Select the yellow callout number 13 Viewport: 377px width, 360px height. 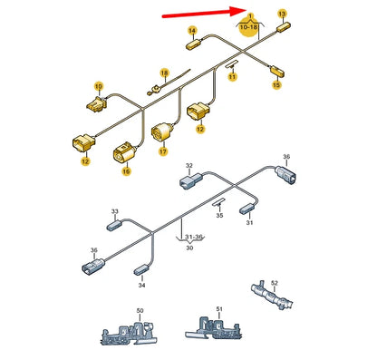point(282,14)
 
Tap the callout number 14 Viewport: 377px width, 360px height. point(192,31)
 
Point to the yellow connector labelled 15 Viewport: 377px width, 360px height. point(277,72)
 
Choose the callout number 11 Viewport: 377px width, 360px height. point(232,77)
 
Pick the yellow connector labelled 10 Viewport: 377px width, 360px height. point(97,104)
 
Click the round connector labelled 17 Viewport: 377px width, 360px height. point(161,132)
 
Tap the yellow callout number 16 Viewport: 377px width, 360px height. point(127,171)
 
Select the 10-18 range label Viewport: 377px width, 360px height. point(248,27)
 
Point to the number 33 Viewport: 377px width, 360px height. point(115,211)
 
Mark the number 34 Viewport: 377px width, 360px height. point(141,285)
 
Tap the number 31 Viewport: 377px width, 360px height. point(249,223)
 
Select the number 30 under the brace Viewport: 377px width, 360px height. point(189,248)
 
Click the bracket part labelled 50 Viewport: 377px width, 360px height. point(129,333)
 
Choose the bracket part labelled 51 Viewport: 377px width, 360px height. point(214,328)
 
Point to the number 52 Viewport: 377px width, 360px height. point(275,283)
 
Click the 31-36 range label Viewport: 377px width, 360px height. point(193,237)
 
